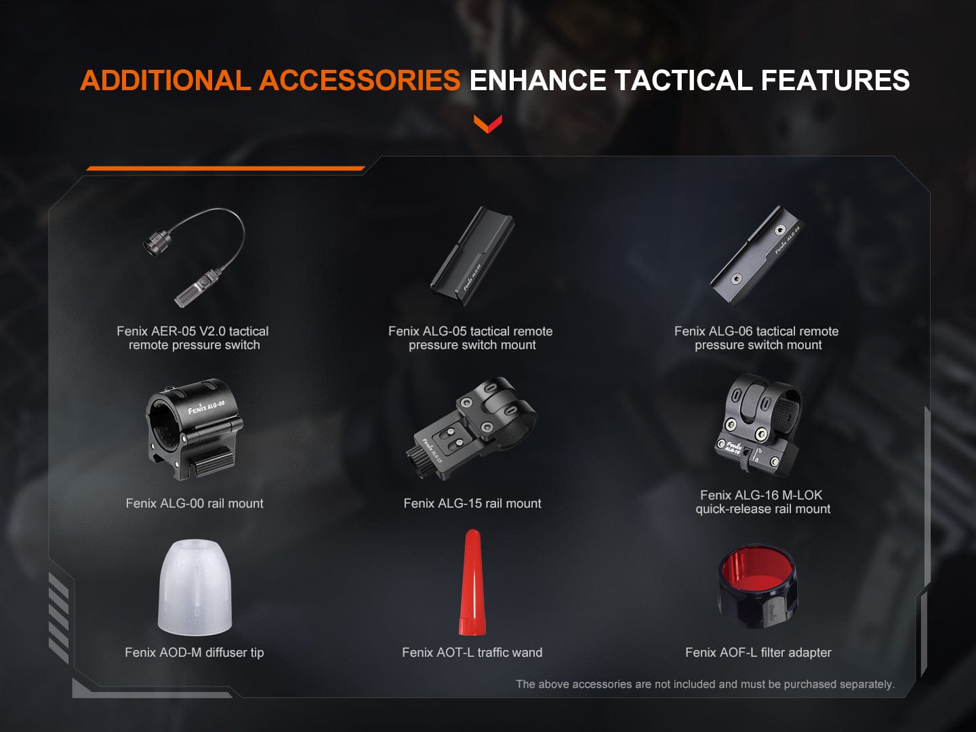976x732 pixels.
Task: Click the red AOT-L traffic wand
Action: (472, 583)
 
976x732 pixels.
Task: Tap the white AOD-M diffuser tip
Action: (195, 587)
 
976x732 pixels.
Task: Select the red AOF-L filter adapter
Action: (758, 587)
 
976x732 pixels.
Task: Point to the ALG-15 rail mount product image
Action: (472, 428)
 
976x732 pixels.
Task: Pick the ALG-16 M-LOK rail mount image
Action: (760, 426)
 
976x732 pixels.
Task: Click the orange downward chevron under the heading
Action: (488, 123)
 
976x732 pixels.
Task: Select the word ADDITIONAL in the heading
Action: (165, 81)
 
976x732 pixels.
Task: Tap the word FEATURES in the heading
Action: (835, 81)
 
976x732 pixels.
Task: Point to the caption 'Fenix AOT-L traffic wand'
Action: (472, 653)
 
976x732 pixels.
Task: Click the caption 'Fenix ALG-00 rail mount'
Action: (195, 504)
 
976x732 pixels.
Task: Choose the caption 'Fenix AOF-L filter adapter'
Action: (758, 653)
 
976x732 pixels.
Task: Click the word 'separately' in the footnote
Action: (866, 685)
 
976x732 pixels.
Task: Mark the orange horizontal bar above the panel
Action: (225, 168)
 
